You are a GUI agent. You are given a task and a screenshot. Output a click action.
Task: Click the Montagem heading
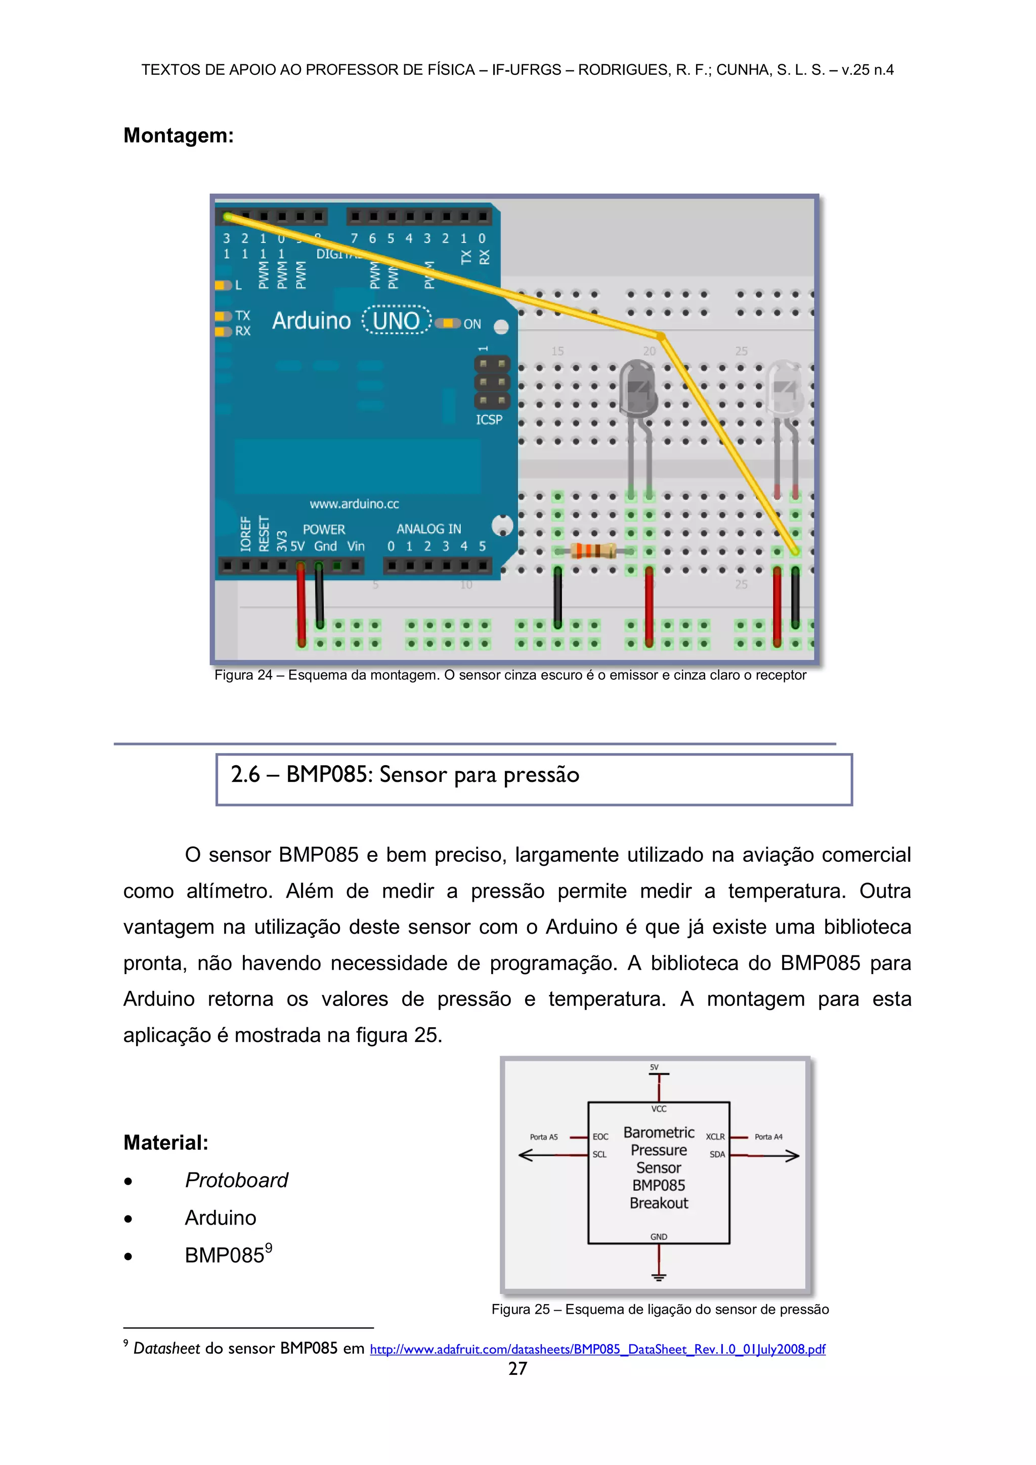(179, 135)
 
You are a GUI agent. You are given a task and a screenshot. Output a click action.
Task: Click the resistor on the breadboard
(593, 551)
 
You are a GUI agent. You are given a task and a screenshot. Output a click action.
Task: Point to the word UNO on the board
(396, 320)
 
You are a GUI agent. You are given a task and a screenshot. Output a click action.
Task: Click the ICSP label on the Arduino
(489, 419)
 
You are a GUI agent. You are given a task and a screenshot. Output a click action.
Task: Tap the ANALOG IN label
(428, 529)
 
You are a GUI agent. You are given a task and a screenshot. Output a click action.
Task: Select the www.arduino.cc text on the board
(354, 504)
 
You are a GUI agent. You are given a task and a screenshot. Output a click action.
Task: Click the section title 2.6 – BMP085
(405, 775)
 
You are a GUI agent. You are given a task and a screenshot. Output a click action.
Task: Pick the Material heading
(166, 1142)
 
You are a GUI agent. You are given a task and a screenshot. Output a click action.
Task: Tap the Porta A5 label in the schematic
(543, 1137)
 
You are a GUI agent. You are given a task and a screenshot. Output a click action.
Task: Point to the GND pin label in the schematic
(658, 1237)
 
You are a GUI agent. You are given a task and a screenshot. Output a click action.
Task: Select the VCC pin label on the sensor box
(658, 1109)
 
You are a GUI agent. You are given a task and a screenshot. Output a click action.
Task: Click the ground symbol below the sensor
(658, 1277)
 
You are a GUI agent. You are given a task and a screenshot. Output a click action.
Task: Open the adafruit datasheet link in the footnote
(597, 1350)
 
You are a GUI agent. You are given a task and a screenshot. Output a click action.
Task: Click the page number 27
(517, 1369)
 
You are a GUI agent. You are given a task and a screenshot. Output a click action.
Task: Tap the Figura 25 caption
(660, 1309)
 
